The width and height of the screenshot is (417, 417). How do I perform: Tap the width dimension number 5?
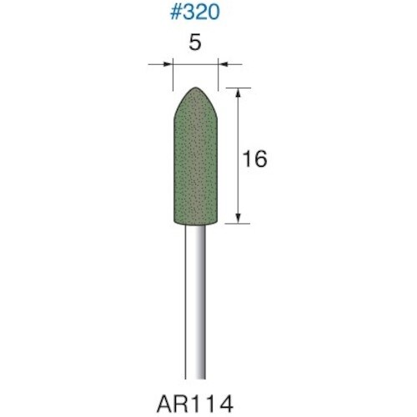pyautogui.click(x=194, y=45)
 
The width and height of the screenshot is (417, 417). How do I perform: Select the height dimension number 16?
pyautogui.click(x=254, y=158)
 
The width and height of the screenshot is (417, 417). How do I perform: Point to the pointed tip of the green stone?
pyautogui.click(x=195, y=88)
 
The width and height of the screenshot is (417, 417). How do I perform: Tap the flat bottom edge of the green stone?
pyautogui.click(x=195, y=224)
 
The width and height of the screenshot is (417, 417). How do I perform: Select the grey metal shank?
pyautogui.click(x=195, y=300)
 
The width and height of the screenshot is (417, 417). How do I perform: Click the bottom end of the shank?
pyautogui.click(x=195, y=375)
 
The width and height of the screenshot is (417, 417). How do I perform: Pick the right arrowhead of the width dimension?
pyautogui.click(x=223, y=63)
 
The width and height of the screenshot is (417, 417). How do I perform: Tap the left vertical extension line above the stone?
pyautogui.click(x=173, y=75)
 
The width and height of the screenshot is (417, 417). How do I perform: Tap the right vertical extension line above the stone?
pyautogui.click(x=219, y=75)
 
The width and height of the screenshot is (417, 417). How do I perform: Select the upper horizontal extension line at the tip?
pyautogui.click(x=237, y=87)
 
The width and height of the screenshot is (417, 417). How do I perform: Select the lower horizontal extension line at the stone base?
pyautogui.click(x=237, y=223)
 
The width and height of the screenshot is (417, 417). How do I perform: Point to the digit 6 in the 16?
pyautogui.click(x=260, y=158)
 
